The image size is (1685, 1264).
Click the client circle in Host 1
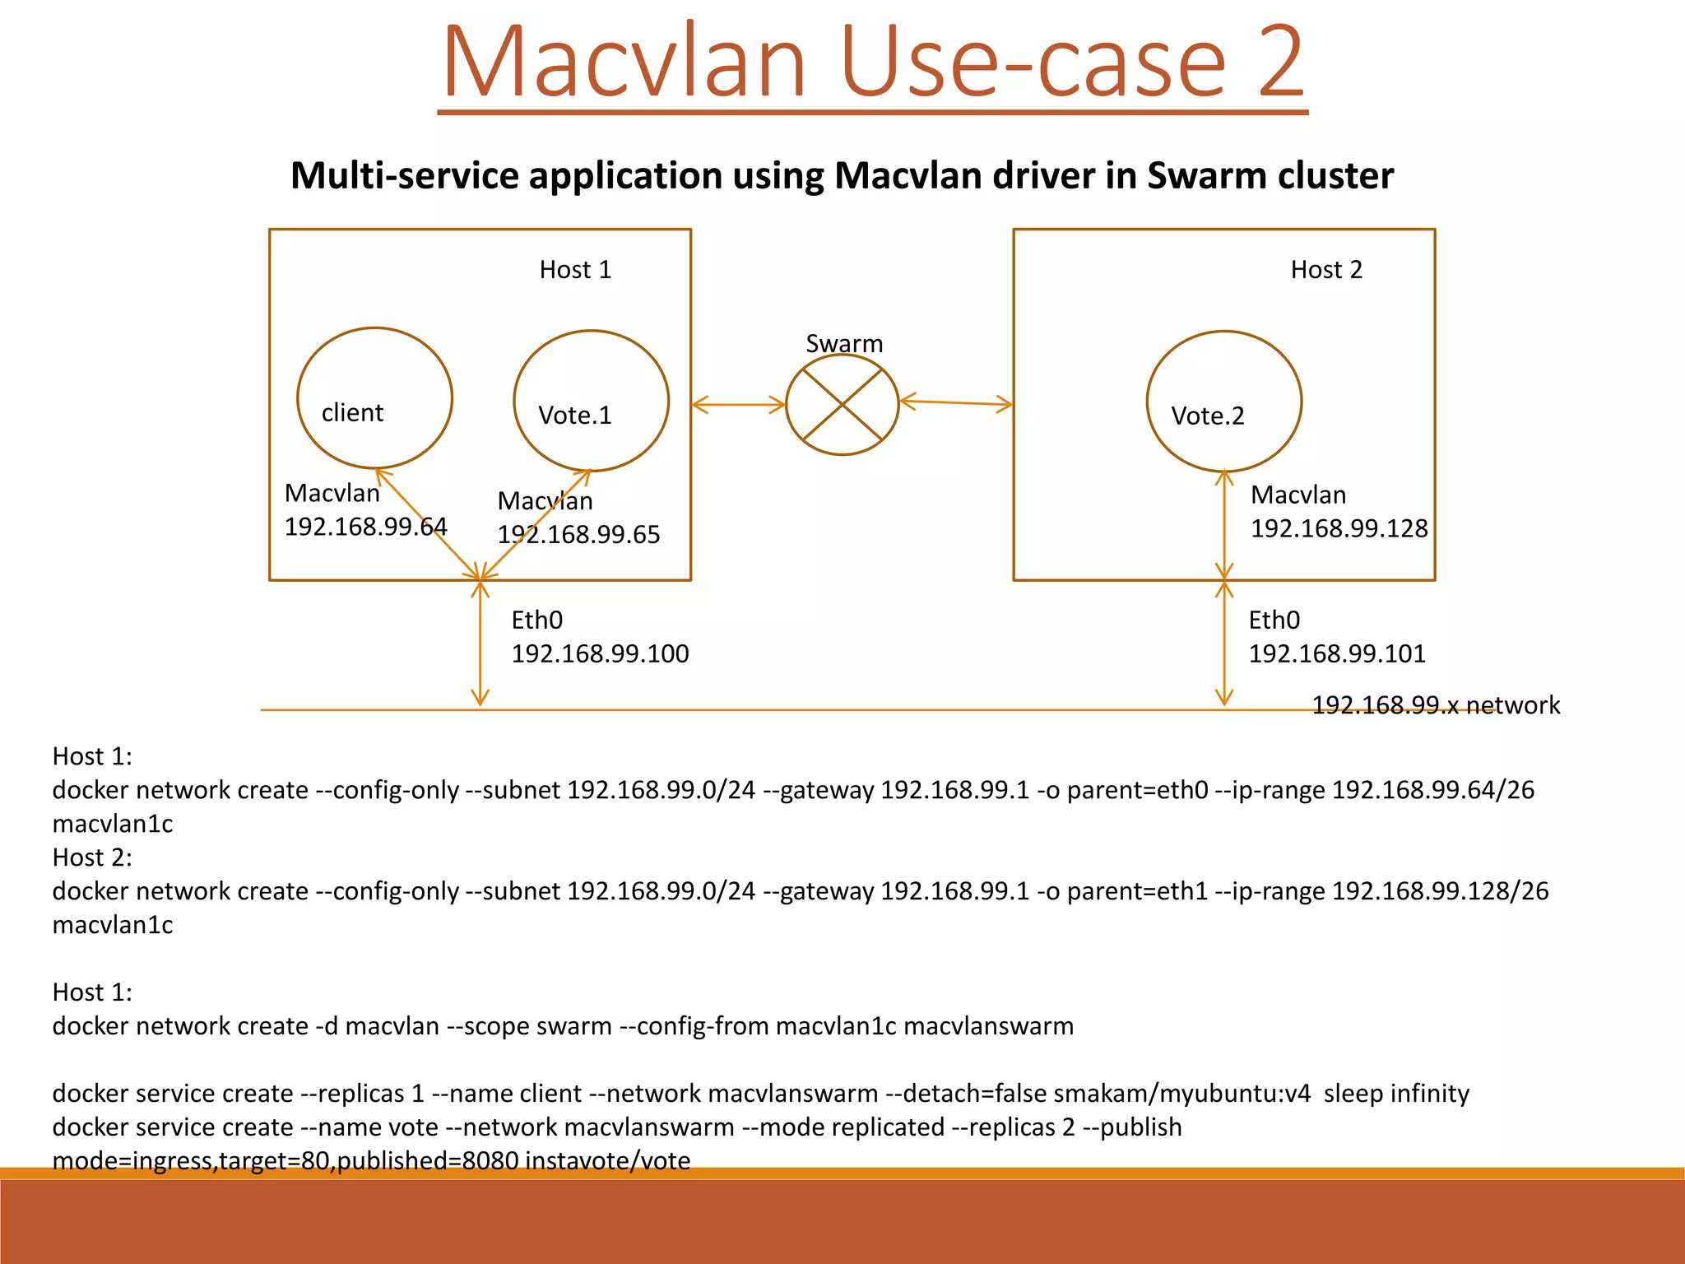coord(374,398)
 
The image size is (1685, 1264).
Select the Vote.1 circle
coord(591,401)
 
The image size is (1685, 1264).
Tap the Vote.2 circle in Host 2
coord(1223,402)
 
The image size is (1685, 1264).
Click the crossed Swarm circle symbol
coord(842,405)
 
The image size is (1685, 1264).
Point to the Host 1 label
coord(575,270)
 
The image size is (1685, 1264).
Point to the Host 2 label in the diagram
coord(1326,270)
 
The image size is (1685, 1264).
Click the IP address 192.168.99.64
coord(365,527)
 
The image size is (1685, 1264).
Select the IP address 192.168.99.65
coord(578,535)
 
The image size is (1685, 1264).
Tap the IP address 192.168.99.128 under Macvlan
coord(1339,528)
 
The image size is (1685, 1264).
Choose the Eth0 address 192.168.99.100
coord(600,654)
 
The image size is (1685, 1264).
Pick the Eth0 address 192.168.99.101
coord(1337,654)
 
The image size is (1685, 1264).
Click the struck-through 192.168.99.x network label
coord(1435,705)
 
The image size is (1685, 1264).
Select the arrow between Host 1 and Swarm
coord(738,405)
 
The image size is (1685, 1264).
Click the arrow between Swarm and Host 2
coord(955,402)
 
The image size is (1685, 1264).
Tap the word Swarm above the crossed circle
coord(844,343)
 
